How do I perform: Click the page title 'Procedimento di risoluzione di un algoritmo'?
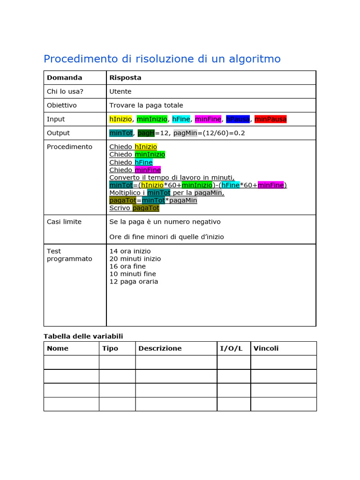coord(162,59)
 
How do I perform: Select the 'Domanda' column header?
coord(64,78)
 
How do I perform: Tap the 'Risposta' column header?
coord(125,78)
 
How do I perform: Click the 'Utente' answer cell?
coord(120,91)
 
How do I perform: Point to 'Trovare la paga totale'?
coord(146,105)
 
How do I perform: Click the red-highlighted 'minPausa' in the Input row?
coord(270,119)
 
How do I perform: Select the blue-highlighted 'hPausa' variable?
coord(238,119)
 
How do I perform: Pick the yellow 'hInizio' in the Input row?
coord(120,119)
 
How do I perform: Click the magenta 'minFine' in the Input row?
coord(208,119)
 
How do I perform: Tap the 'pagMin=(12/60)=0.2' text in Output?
coord(209,133)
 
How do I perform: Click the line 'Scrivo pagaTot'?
coord(134,208)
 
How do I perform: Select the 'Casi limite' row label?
coord(64,222)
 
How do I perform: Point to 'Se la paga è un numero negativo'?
coord(165,222)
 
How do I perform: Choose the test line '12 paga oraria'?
coord(134,282)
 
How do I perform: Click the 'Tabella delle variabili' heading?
coord(83,336)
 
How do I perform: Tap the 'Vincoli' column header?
coord(266,348)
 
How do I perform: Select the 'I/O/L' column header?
coord(231,348)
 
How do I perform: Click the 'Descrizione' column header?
coord(160,348)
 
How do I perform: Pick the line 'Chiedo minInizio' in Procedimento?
coord(137,155)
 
